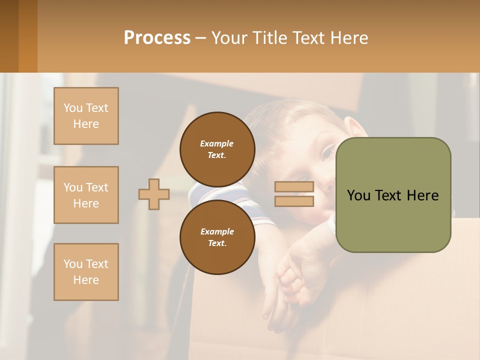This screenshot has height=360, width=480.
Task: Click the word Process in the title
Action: (157, 38)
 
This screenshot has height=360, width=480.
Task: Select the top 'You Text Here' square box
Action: (86, 116)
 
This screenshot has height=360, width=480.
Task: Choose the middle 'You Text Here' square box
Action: (86, 195)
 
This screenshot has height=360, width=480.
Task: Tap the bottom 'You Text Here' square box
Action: (86, 271)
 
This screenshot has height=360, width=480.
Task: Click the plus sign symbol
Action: (154, 194)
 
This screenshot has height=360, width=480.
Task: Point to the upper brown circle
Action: (217, 149)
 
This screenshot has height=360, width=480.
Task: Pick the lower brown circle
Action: (217, 237)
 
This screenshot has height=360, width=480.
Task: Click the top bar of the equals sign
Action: (294, 187)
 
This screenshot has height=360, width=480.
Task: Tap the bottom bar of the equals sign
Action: (294, 201)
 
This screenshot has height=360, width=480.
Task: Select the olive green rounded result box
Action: (393, 195)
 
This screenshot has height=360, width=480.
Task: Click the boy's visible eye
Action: (327, 152)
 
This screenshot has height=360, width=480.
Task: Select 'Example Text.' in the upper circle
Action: (217, 149)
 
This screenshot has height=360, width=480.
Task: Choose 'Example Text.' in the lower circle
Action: (217, 237)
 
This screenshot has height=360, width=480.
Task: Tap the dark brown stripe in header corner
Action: (9, 36)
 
